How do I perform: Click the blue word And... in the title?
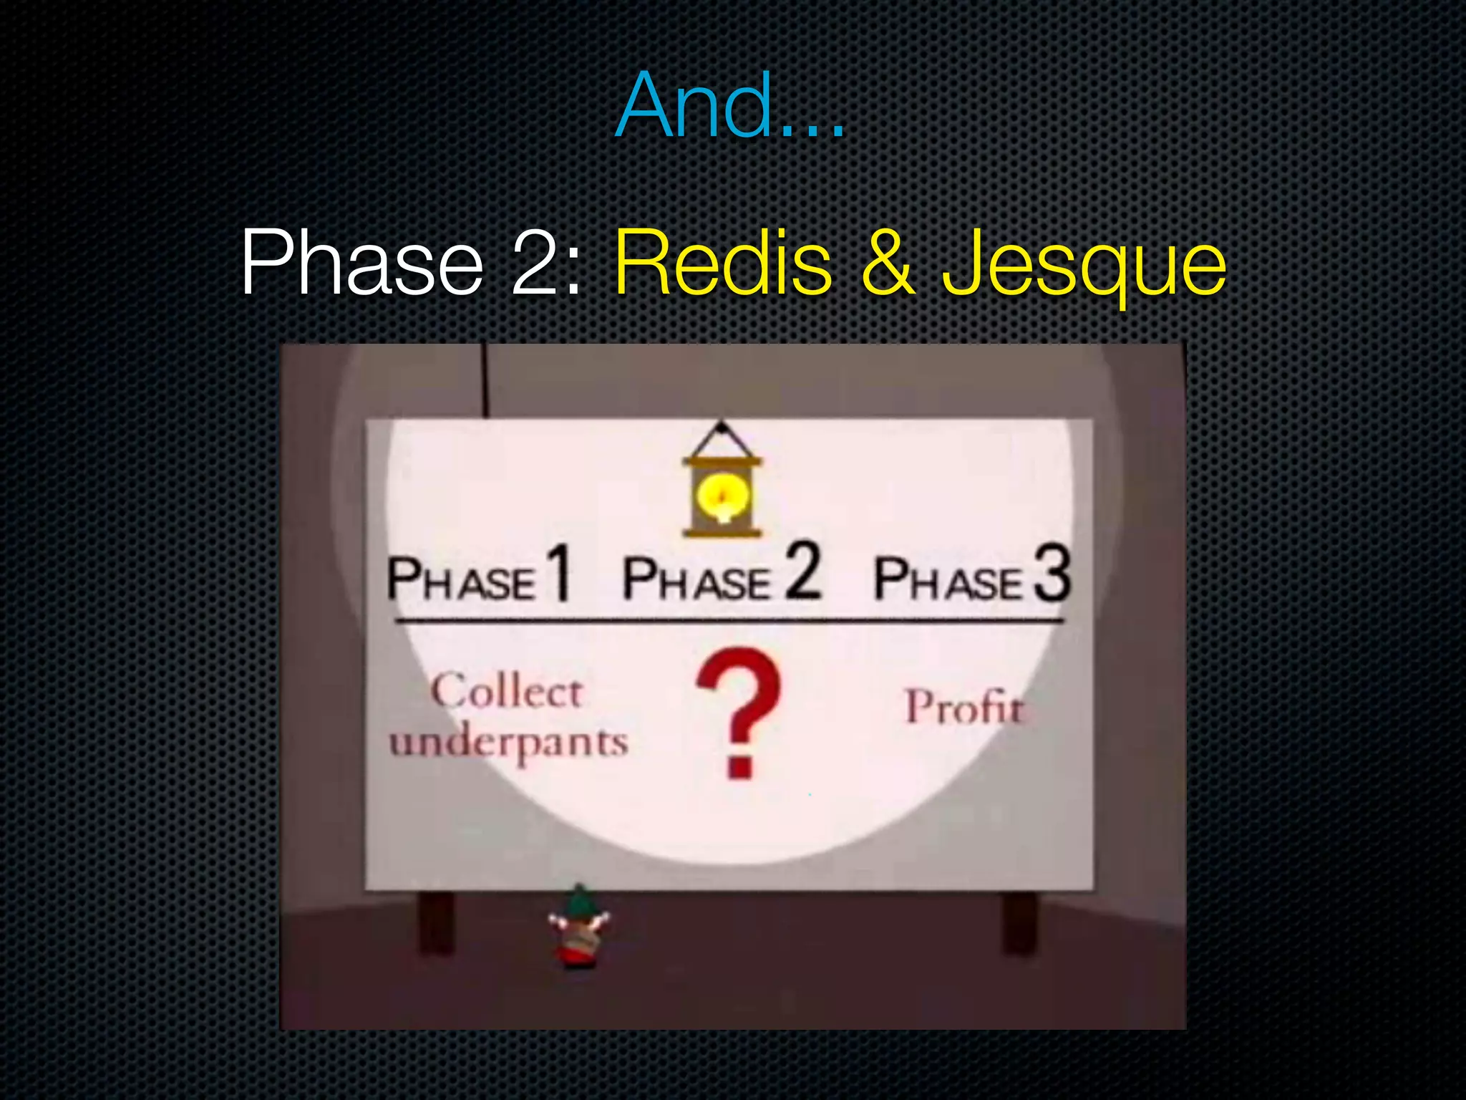730,106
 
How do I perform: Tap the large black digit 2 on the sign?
803,571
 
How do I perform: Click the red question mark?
739,709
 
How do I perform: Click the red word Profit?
964,708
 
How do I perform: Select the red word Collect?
507,692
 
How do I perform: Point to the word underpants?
508,743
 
